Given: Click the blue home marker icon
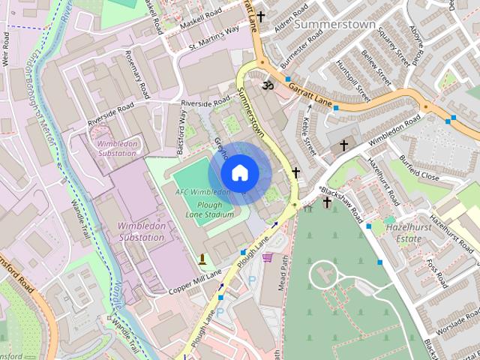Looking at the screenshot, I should coord(239,173).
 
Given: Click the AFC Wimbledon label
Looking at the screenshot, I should coord(202,192).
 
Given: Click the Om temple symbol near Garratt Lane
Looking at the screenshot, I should coord(264,87).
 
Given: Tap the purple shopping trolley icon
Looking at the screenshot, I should coord(268,257).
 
